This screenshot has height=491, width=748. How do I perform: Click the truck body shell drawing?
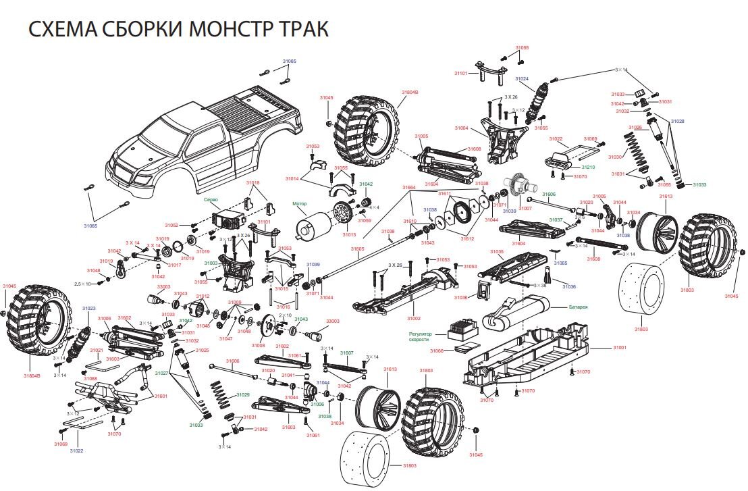[203, 138]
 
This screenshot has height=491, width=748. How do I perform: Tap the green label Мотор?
[299, 203]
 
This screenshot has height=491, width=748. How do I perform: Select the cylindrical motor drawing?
[317, 224]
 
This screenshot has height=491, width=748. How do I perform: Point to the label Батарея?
[578, 307]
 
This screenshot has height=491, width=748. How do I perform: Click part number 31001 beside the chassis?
[620, 347]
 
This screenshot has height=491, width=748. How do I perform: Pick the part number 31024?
[523, 79]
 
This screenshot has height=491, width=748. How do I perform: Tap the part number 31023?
[89, 308]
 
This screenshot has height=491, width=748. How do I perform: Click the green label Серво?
[210, 199]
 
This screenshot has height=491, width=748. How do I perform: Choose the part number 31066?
[437, 351]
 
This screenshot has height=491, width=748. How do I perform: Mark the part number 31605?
[357, 249]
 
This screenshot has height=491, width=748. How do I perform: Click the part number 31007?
[525, 209]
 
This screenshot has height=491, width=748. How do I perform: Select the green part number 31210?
[588, 166]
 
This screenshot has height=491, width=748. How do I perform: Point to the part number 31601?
[161, 396]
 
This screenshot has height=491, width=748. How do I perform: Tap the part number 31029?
[242, 394]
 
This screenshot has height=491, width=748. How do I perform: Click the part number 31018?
[252, 183]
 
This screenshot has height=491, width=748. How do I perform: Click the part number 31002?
[413, 318]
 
